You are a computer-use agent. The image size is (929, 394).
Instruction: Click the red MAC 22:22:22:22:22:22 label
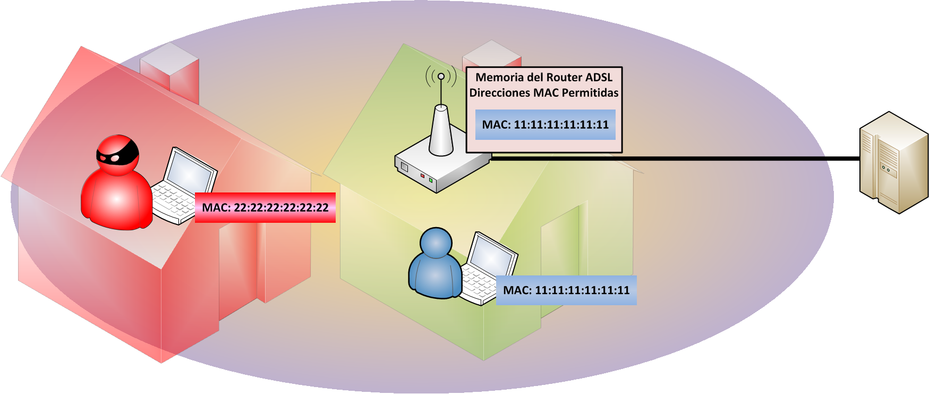265,207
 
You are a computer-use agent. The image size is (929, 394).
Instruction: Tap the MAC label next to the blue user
566,290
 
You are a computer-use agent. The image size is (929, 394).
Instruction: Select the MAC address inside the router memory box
545,125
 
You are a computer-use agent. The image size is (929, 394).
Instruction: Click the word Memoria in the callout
496,78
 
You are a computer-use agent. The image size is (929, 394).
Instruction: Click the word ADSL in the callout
599,78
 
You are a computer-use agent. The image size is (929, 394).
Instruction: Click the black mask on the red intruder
117,154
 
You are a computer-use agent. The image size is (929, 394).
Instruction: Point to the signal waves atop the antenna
441,77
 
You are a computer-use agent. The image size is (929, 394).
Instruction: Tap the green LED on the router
431,181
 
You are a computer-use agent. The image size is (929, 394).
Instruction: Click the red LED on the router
422,175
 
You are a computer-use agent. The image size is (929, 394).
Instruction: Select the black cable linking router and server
675,158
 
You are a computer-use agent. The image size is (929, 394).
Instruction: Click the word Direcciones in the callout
500,93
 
